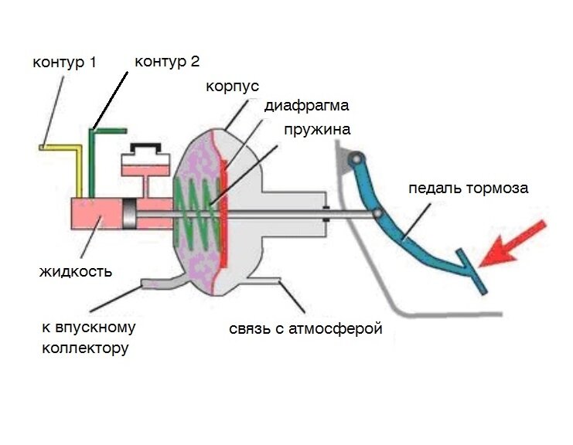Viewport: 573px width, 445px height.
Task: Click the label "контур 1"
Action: pyautogui.click(x=64, y=62)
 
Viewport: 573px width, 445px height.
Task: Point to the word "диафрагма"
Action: pyautogui.click(x=306, y=105)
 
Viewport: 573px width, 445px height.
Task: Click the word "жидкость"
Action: pyautogui.click(x=76, y=271)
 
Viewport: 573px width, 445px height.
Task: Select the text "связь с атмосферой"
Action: pyautogui.click(x=306, y=330)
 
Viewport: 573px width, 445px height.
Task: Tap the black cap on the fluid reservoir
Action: pyautogui.click(x=146, y=147)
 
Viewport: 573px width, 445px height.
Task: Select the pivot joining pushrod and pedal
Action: pyautogui.click(x=378, y=213)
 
